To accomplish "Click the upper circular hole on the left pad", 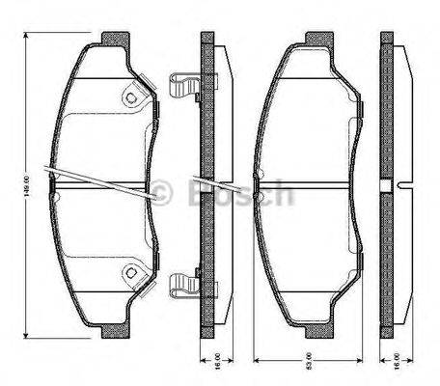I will pos(130,98).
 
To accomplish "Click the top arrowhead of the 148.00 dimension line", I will pos(26,38).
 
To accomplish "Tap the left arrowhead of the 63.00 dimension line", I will pos(255,361).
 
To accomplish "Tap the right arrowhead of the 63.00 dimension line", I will pos(368,361).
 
